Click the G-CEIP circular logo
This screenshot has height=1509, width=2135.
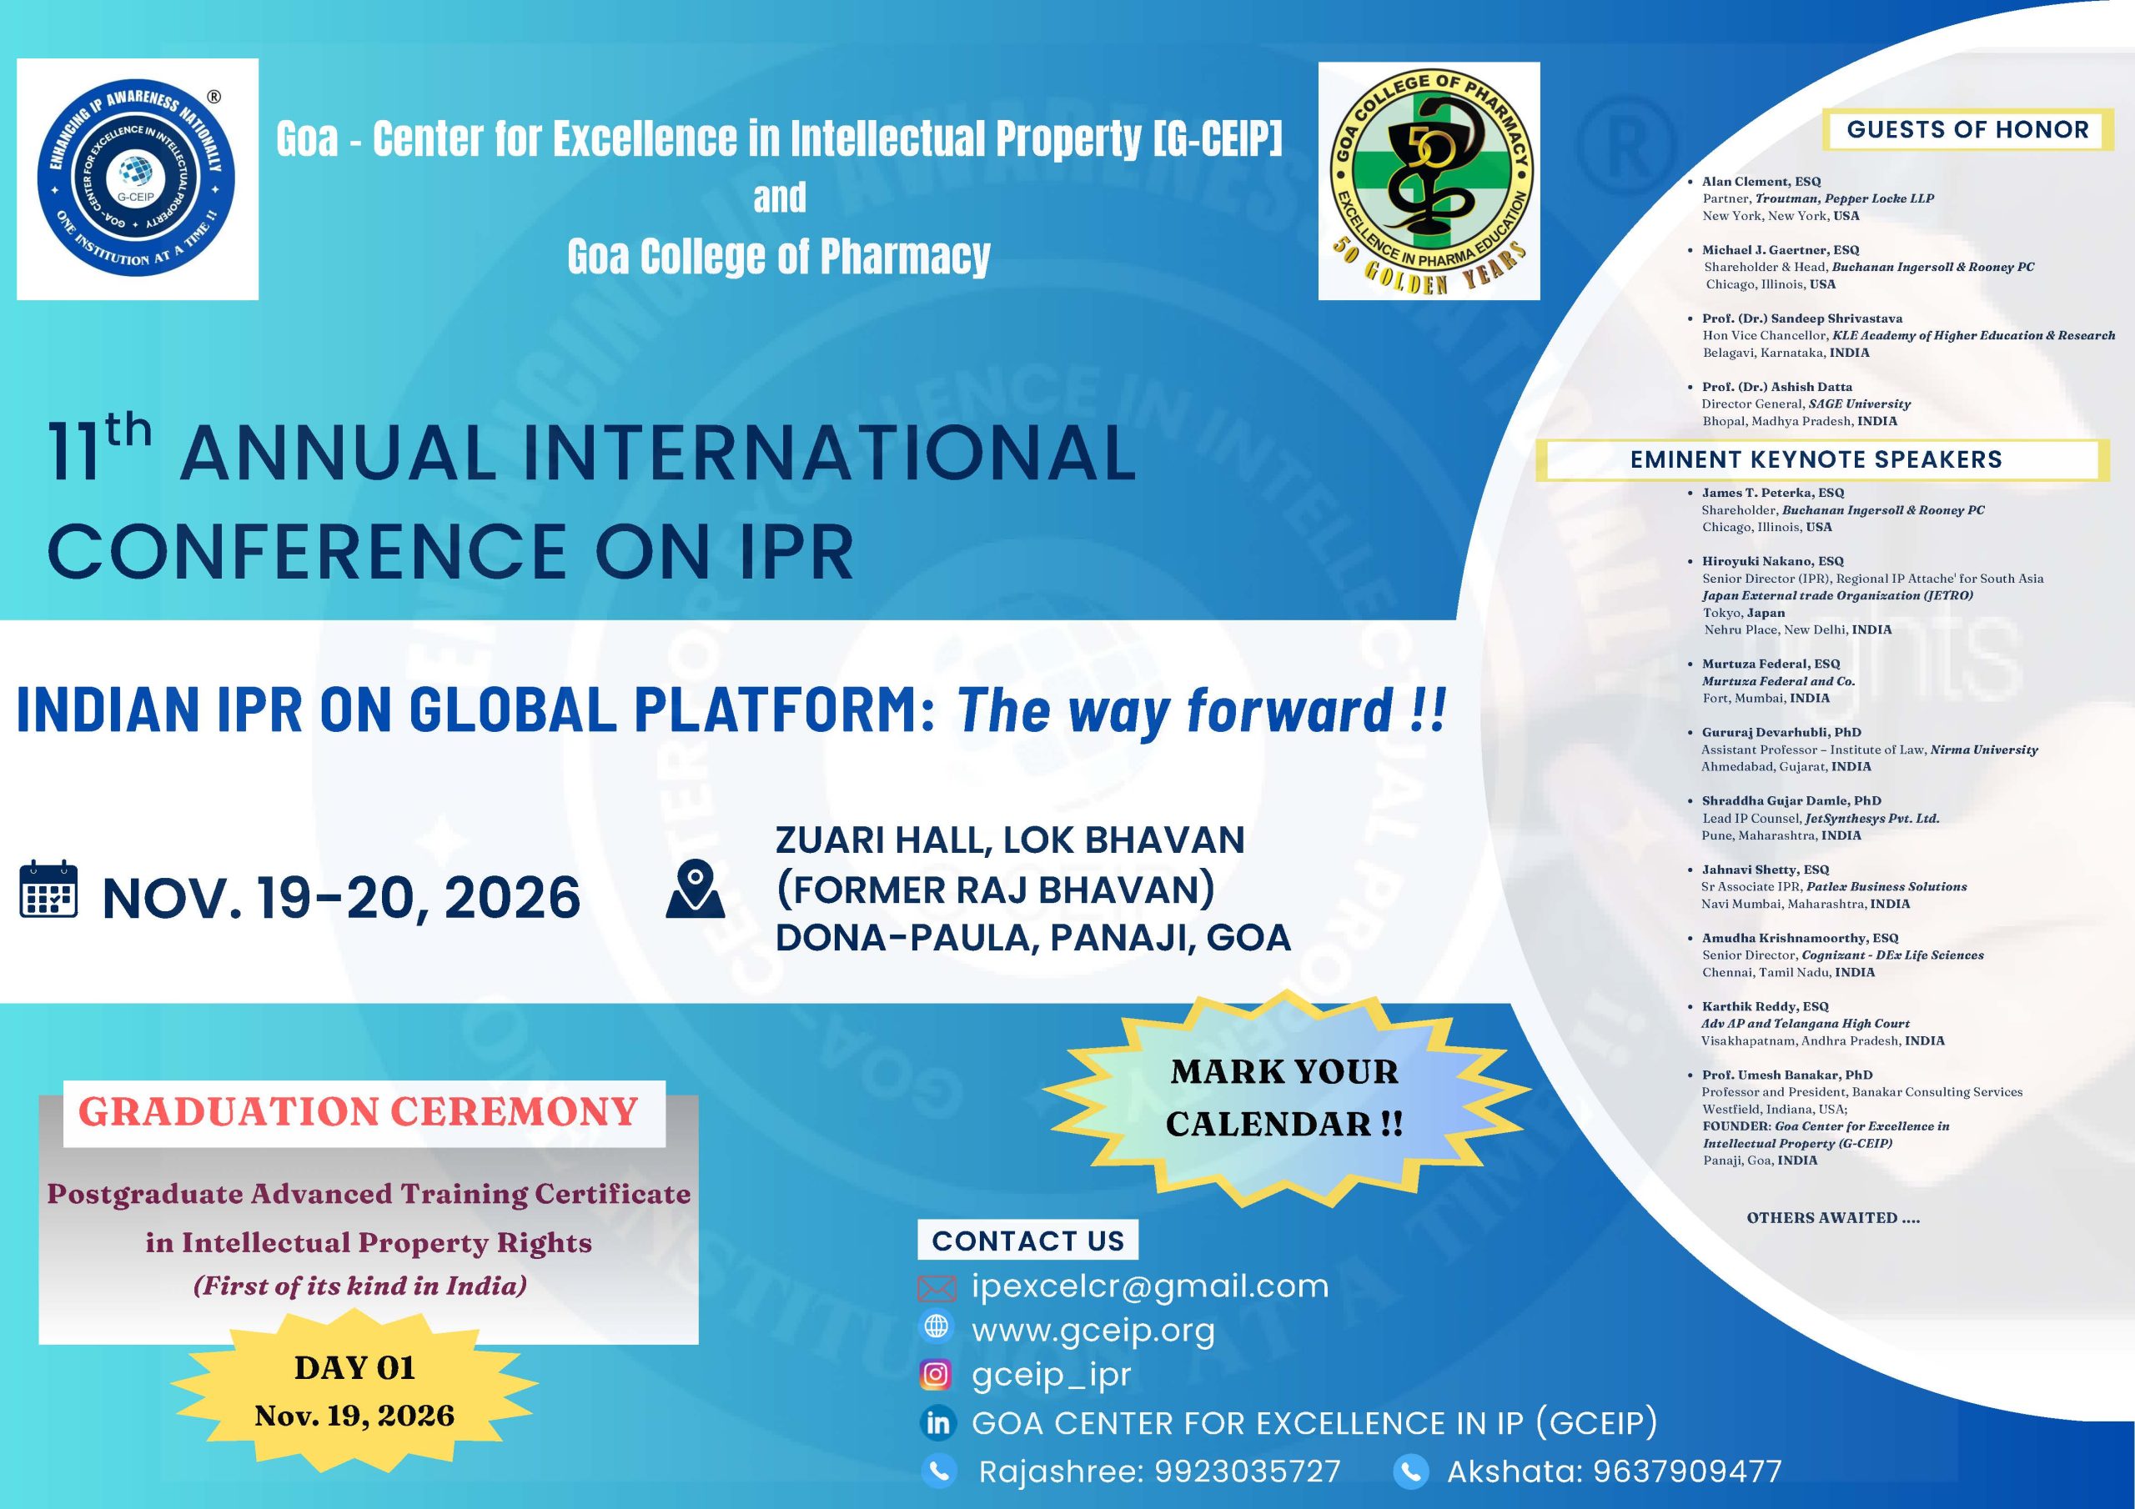tap(137, 179)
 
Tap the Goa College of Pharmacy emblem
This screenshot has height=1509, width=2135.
tap(1429, 181)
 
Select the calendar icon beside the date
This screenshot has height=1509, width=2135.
tap(48, 890)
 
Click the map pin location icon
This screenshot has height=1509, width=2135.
tap(695, 890)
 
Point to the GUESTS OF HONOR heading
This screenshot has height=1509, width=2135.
tap(1967, 129)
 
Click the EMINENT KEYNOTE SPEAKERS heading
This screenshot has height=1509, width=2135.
tap(1816, 459)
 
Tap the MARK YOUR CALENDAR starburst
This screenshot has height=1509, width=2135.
tap(1284, 1097)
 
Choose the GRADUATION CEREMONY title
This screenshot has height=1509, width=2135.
tap(358, 1112)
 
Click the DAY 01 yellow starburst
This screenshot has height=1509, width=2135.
tap(354, 1390)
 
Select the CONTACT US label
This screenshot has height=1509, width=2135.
tap(1027, 1241)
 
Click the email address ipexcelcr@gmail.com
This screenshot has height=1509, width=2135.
tap(1150, 1286)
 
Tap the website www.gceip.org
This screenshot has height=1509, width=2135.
tap(1093, 1331)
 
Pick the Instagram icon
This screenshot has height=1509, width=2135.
tap(937, 1374)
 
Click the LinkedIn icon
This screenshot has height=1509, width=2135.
tap(937, 1422)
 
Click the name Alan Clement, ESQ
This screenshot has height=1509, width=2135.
tap(1761, 181)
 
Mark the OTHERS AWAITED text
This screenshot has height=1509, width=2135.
tap(1833, 1217)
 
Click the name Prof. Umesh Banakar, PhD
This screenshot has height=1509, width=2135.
tap(1787, 1074)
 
